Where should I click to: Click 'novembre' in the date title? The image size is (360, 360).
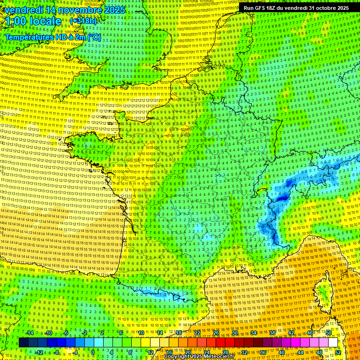click(82, 10)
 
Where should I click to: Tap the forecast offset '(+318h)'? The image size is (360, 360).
click(83, 21)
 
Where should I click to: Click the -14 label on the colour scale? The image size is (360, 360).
click(29, 333)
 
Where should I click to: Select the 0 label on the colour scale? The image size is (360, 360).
click(93, 352)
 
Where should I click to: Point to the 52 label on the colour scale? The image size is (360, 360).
click(338, 352)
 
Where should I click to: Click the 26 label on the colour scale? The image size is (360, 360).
click(216, 333)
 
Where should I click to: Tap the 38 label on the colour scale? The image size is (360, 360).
click(272, 333)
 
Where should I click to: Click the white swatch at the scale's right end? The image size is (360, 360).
click(333, 343)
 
